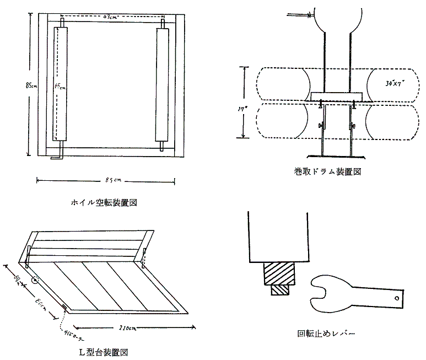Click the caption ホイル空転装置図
(x=104, y=202)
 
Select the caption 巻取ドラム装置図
(x=327, y=171)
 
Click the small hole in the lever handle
(x=396, y=298)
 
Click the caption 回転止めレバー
(x=326, y=334)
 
